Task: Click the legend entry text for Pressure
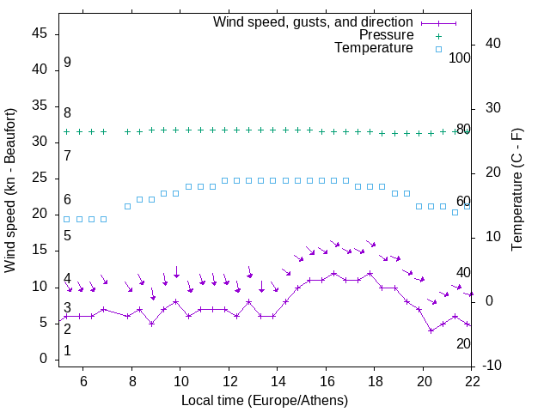tap(386, 35)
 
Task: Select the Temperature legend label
tap(374, 48)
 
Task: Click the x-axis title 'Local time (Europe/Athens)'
tap(266, 400)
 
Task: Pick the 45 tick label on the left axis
tap(40, 33)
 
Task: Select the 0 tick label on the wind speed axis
tap(44, 359)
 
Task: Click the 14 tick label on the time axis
tap(277, 381)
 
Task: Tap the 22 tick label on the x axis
tap(472, 381)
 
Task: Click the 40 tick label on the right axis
tap(494, 44)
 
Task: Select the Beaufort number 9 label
tap(67, 63)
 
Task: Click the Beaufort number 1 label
tap(67, 351)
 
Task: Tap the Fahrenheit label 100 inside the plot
tap(460, 58)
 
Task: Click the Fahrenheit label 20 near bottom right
tap(463, 343)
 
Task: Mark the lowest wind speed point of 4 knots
tap(431, 330)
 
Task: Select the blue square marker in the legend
tap(438, 49)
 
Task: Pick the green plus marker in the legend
tap(438, 36)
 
